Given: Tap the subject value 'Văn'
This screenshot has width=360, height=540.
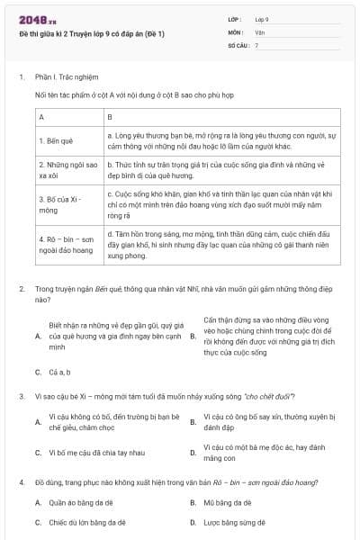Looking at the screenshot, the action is pyautogui.click(x=260, y=31).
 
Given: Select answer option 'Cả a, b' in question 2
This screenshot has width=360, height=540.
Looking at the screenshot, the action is pyautogui.click(x=60, y=371).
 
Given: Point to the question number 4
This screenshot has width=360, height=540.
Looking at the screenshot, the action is pyautogui.click(x=21, y=483).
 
